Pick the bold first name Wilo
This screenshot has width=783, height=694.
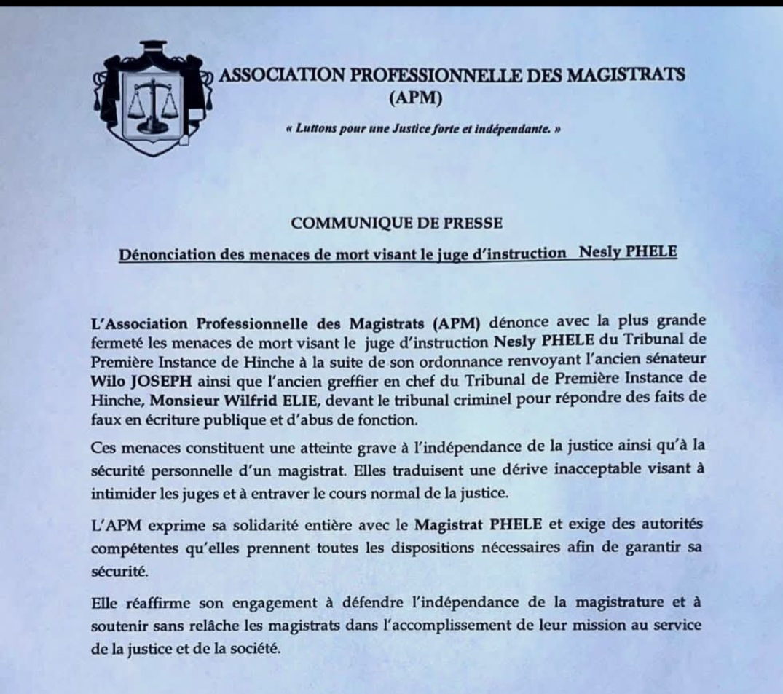107,380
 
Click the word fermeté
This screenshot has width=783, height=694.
115,342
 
